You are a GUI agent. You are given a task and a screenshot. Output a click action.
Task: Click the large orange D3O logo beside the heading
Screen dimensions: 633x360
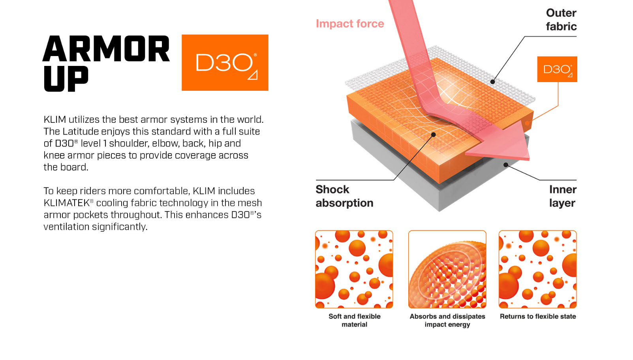pyautogui.click(x=225, y=62)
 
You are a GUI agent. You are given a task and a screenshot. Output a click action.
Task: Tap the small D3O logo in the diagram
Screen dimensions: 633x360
pyautogui.click(x=557, y=69)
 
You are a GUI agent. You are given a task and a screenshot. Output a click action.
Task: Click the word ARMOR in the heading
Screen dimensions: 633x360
pyautogui.click(x=106, y=48)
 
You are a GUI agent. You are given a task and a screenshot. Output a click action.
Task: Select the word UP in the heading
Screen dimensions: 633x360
pyautogui.click(x=66, y=79)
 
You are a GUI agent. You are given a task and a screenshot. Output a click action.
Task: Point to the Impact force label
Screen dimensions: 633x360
pyautogui.click(x=350, y=23)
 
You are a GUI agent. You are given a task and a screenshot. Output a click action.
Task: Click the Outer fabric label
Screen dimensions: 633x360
pyautogui.click(x=561, y=19)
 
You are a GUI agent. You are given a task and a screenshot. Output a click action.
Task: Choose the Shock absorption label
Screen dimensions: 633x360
pyautogui.click(x=344, y=196)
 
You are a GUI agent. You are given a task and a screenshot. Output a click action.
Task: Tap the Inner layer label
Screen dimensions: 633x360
pyautogui.click(x=563, y=196)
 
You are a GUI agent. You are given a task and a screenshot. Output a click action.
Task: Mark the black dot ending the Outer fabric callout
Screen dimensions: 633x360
pyautogui.click(x=492, y=82)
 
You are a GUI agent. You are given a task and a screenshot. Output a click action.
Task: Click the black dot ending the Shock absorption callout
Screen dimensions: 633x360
pyautogui.click(x=433, y=135)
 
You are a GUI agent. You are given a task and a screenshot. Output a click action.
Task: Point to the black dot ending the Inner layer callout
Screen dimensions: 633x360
pyautogui.click(x=506, y=165)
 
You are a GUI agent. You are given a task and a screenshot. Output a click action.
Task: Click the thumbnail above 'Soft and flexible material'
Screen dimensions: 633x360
pyautogui.click(x=354, y=269)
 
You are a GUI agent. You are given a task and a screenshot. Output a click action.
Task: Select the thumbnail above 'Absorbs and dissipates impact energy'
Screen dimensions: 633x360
pyautogui.click(x=447, y=269)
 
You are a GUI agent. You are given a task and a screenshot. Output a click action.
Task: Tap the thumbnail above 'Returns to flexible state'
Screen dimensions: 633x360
pyautogui.click(x=538, y=269)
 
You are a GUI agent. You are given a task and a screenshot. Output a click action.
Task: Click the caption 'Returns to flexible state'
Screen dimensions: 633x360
pyautogui.click(x=538, y=317)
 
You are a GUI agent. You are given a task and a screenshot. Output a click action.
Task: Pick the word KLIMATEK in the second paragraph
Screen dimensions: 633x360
pyautogui.click(x=67, y=203)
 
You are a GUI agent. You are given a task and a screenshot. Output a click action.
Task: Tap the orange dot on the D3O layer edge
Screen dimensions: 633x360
pyautogui.click(x=527, y=123)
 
